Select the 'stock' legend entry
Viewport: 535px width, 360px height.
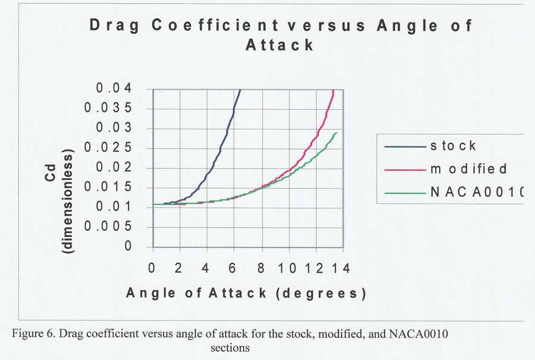[x=454, y=146]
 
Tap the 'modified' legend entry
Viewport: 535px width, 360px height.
[x=469, y=169]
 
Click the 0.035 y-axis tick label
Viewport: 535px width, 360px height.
[x=117, y=109]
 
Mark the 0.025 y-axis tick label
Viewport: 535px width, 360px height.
[x=117, y=148]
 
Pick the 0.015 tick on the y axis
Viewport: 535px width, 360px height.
[x=117, y=187]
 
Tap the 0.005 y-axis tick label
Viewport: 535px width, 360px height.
[x=117, y=226]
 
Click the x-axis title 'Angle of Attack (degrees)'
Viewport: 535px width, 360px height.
[x=245, y=293]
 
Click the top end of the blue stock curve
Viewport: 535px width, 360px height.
[x=240, y=90]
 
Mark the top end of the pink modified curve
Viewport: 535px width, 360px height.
[x=333, y=90]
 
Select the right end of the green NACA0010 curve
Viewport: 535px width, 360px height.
[x=336, y=132]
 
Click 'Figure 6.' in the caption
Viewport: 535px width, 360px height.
[x=34, y=333]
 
